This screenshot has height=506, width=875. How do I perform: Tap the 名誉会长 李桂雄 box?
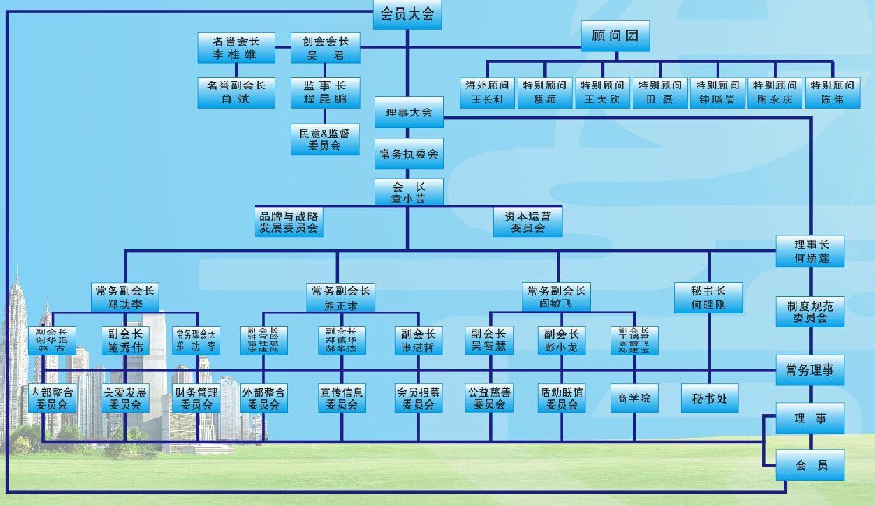(x=230, y=47)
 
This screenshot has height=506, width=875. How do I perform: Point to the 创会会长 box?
(x=325, y=47)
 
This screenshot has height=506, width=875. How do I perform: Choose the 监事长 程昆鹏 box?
(x=325, y=92)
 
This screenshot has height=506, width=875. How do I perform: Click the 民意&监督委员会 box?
(x=325, y=139)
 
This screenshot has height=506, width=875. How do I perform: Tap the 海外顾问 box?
(x=487, y=93)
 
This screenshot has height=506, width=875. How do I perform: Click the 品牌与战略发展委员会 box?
(x=288, y=221)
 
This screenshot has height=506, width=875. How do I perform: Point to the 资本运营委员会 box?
(x=528, y=221)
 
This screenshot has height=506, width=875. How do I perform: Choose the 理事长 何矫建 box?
(x=810, y=251)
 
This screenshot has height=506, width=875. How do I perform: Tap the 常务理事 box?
(x=810, y=370)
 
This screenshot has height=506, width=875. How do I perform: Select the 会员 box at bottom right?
(x=810, y=465)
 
